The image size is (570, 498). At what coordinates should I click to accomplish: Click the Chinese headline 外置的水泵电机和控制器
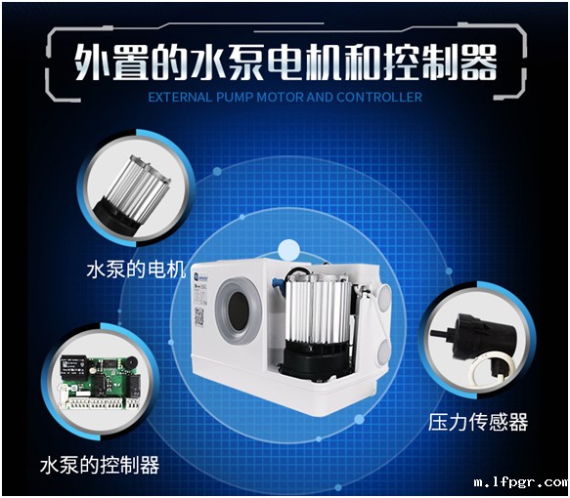pyautogui.click(x=285, y=62)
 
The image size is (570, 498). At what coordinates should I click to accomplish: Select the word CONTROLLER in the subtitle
pyautogui.click(x=379, y=98)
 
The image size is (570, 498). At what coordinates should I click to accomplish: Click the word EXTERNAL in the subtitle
pyautogui.click(x=180, y=98)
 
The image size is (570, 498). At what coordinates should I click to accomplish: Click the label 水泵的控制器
pyautogui.click(x=100, y=465)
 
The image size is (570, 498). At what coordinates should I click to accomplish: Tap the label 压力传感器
pyautogui.click(x=478, y=422)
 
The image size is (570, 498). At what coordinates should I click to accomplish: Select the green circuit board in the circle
pyautogui.click(x=101, y=382)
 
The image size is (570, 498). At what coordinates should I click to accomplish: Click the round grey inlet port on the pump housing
pyautogui.click(x=239, y=311)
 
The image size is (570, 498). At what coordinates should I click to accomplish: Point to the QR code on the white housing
pyautogui.click(x=199, y=316)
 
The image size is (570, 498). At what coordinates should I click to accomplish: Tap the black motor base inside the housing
pyautogui.click(x=317, y=359)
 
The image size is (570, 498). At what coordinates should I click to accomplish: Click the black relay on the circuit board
pyautogui.click(x=73, y=365)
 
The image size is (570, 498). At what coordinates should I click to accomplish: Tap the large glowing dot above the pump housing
pyautogui.click(x=289, y=250)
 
